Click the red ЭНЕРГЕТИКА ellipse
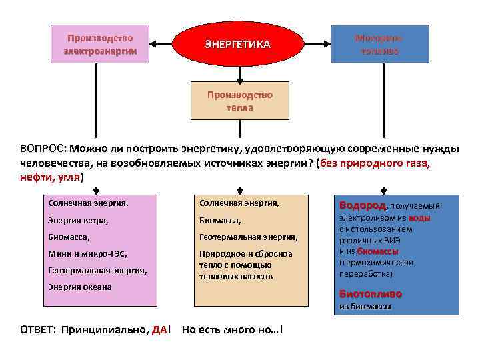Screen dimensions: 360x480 click(237, 45)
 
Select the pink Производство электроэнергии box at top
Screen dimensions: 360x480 click(100, 44)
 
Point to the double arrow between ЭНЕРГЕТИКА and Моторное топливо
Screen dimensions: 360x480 click(316, 45)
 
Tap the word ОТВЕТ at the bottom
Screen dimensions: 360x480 click(39, 330)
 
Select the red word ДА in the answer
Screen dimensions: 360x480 click(159, 330)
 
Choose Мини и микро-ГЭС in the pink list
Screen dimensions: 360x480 click(87, 254)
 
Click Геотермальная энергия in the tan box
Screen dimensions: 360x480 click(248, 237)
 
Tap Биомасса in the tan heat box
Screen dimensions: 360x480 click(219, 220)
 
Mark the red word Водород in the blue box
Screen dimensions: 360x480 click(362, 205)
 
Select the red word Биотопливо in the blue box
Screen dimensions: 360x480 click(371, 294)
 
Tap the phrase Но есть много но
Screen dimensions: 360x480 click(231, 330)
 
